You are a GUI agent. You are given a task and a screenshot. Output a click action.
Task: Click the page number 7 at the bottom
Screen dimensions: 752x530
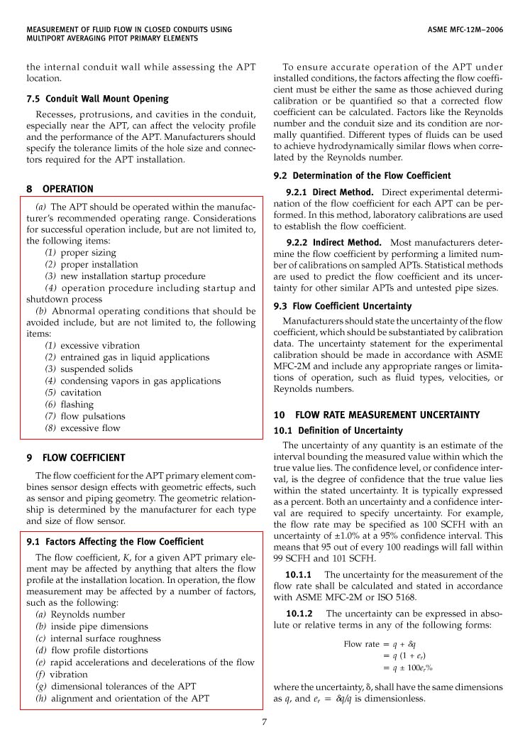[265, 722]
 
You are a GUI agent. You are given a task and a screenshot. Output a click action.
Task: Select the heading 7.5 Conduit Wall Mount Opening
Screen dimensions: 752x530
[97, 99]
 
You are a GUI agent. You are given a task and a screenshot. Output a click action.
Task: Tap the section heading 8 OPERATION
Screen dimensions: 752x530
[60, 189]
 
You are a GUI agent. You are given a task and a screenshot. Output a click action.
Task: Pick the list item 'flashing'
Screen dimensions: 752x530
[77, 405]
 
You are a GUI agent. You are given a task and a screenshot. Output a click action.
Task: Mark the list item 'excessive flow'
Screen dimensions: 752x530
[90, 428]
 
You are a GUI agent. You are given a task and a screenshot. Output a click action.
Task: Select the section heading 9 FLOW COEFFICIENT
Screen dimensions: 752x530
[75, 458]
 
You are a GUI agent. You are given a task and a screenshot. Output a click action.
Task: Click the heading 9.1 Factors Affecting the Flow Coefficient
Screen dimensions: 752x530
[114, 542]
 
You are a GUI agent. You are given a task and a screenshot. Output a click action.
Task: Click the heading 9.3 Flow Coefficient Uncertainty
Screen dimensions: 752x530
[342, 306]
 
